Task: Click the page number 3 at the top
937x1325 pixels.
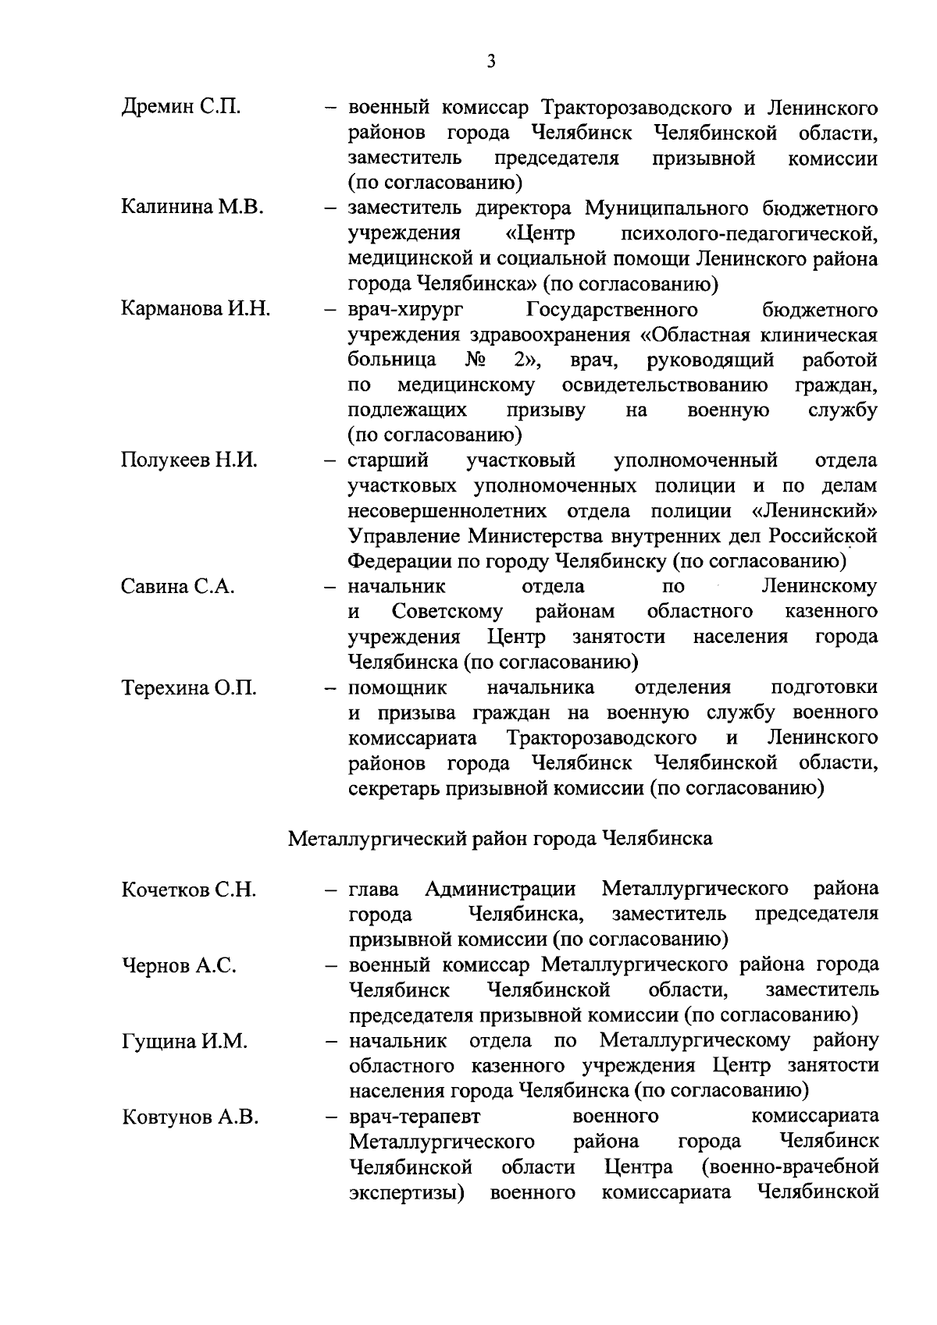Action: click(490, 62)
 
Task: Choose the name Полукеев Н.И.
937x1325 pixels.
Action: click(189, 460)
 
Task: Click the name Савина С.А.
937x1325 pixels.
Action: click(178, 587)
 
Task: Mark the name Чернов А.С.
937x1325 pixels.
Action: click(179, 966)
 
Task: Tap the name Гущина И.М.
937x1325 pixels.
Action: click(184, 1042)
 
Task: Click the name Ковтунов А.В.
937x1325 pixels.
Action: click(190, 1117)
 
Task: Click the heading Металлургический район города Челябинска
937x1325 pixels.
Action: click(501, 839)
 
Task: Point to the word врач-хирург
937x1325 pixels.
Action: click(405, 310)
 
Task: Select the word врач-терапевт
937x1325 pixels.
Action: click(415, 1117)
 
